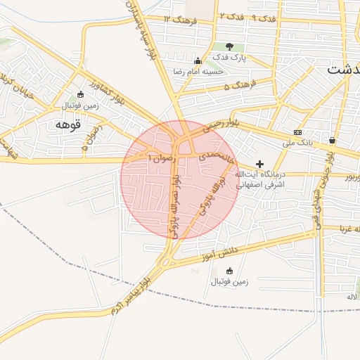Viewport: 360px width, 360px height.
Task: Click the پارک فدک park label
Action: click(232, 58)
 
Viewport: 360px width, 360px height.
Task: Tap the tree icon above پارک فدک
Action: click(229, 46)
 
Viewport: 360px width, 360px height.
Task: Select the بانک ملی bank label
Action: click(297, 143)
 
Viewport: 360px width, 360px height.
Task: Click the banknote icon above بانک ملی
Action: click(298, 132)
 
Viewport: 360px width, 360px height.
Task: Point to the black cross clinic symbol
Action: click(259, 164)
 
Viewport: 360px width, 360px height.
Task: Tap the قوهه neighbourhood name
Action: click(68, 124)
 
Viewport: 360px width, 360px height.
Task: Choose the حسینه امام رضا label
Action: click(202, 71)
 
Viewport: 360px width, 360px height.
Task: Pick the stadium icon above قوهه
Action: click(80, 95)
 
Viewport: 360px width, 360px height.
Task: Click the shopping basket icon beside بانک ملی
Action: click(330, 139)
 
